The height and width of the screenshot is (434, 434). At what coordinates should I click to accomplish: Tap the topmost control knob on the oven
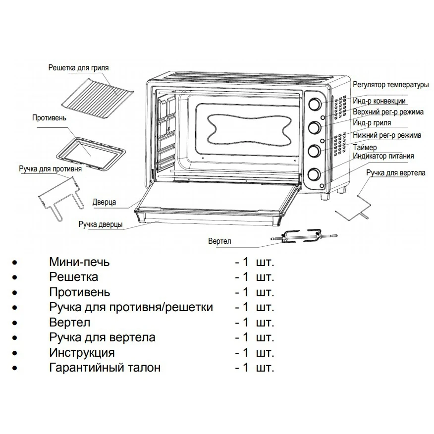pos(315,105)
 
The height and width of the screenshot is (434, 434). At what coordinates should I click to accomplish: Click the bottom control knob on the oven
pos(315,174)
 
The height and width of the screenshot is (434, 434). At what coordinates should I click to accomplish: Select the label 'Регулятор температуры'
pos(390,85)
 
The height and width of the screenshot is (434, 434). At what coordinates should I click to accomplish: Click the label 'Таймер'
pos(365,148)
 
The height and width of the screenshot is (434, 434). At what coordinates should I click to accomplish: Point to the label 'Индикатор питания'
pos(383,156)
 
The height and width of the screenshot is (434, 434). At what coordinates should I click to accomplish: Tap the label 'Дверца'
pos(104,202)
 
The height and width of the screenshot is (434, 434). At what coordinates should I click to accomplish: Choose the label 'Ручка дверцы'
pos(101,224)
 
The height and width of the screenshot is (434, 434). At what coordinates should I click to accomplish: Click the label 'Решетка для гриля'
pos(78,68)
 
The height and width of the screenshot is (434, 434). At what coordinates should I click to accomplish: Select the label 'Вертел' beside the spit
pos(220,241)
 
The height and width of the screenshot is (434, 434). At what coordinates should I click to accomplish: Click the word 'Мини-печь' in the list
pos(79,262)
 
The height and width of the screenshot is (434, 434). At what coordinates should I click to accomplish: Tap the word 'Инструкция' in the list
pos(82,353)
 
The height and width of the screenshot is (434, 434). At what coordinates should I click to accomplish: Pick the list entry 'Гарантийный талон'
pos(105,368)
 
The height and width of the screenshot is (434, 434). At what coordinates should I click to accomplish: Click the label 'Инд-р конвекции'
pos(380,101)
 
